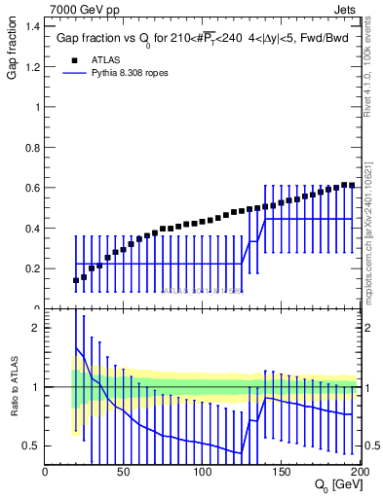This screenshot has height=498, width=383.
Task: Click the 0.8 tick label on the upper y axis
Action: click(30, 148)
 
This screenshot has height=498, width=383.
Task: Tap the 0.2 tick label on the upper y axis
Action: click(30, 268)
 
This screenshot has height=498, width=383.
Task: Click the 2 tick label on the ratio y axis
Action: click(35, 328)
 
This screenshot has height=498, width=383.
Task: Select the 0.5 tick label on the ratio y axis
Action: click(30, 446)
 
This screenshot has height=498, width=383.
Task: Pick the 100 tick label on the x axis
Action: click(203, 472)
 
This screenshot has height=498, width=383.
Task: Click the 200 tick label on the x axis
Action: click(357, 472)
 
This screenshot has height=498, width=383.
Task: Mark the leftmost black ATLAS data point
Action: click(76, 280)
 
